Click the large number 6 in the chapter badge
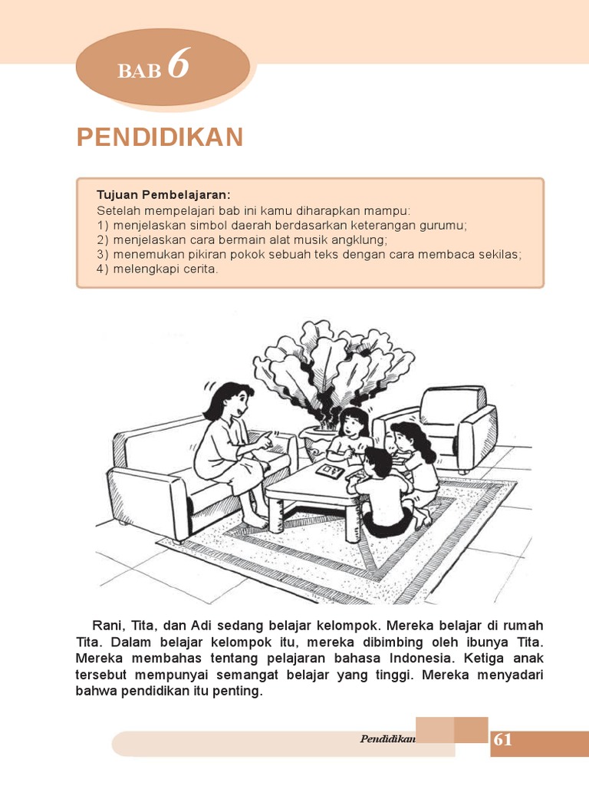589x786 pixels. (x=178, y=64)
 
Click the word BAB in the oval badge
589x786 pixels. (x=139, y=71)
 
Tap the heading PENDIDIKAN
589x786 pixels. (x=160, y=137)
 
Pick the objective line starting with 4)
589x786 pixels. (x=158, y=269)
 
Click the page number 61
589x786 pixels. (x=503, y=740)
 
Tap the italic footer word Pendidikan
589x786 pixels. (x=387, y=739)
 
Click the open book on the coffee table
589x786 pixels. (x=331, y=470)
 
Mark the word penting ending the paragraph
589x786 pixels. (x=239, y=691)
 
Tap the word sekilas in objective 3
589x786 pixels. (x=499, y=255)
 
